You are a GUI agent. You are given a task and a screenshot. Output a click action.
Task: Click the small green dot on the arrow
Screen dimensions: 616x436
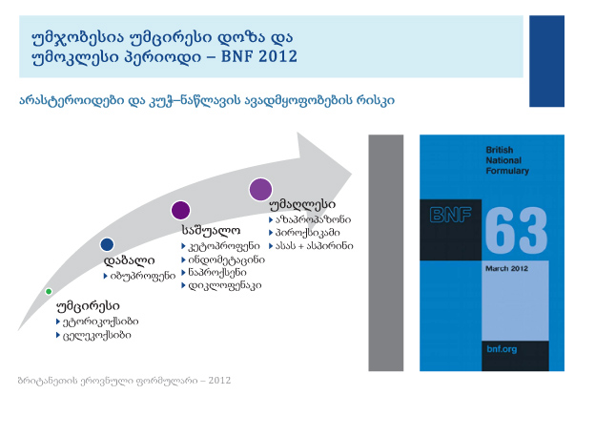point(49,291)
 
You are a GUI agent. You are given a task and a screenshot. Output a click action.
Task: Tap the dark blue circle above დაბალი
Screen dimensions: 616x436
point(107,244)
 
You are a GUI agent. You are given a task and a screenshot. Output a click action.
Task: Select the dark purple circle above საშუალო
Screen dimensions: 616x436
point(181,210)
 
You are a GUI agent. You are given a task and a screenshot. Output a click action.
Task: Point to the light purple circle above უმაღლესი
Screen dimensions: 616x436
point(260,189)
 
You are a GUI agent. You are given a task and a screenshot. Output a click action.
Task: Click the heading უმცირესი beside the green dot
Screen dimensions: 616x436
point(88,306)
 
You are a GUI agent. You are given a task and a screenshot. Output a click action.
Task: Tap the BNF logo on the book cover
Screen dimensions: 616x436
point(450,215)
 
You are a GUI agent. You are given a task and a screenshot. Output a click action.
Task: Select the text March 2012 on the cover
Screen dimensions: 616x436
point(506,268)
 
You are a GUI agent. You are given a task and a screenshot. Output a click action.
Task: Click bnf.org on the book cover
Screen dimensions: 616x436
point(502,349)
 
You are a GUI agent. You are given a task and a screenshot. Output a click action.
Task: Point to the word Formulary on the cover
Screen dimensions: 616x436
point(507,171)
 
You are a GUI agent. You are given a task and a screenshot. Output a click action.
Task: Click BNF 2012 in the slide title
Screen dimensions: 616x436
point(259,56)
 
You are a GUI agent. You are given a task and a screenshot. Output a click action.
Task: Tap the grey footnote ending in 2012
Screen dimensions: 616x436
point(124,381)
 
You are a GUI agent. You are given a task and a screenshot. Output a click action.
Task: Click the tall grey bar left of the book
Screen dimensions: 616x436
point(386,253)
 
